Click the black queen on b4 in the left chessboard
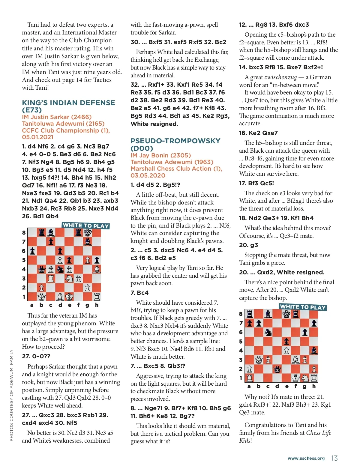click(x=41, y=269)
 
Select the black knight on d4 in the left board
click(x=60, y=269)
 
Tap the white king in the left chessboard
click(x=69, y=297)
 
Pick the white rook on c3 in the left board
click(x=51, y=279)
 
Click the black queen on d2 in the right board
click(x=277, y=369)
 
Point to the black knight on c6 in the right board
click(x=268, y=332)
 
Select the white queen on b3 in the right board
click(x=259, y=360)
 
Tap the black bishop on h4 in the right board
click(x=314, y=350)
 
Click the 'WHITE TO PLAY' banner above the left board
click(x=85, y=226)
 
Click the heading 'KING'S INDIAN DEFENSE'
click(x=68, y=103)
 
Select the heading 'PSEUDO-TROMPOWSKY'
click(x=175, y=141)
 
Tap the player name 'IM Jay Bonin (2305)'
click(x=160, y=155)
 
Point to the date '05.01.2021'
click(x=37, y=137)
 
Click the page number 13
click(x=334, y=458)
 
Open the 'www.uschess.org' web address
click(x=306, y=459)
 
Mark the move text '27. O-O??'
click(x=36, y=357)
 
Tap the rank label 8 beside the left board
click(x=24, y=233)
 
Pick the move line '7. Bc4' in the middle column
click(x=139, y=293)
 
